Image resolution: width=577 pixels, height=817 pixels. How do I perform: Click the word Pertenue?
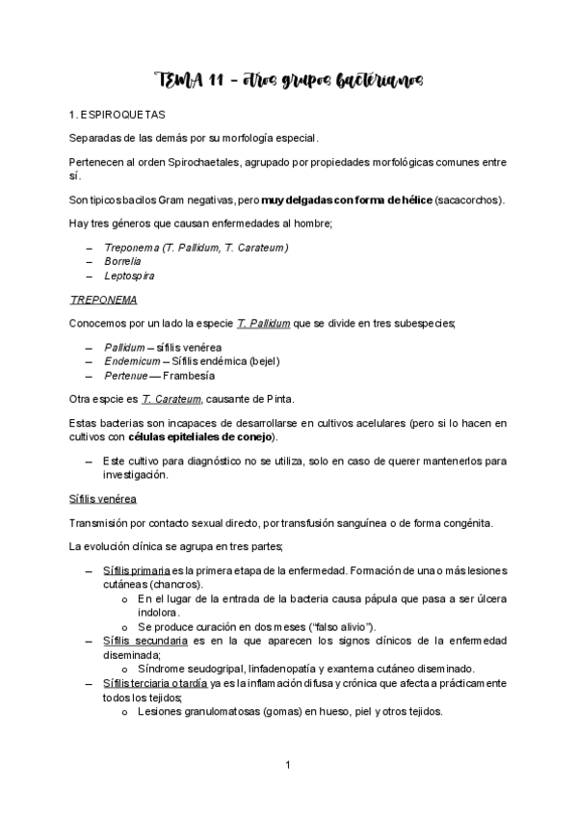(x=125, y=376)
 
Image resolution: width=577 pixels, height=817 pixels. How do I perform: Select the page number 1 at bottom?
(x=287, y=766)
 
